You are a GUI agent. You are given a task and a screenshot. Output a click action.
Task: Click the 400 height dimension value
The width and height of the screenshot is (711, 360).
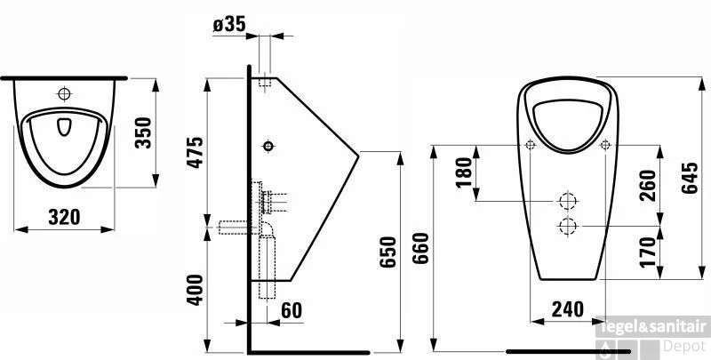click(197, 291)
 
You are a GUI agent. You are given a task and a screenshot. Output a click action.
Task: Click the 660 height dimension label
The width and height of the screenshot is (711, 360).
click(422, 252)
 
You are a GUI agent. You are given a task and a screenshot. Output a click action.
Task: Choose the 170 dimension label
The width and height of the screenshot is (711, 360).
click(647, 252)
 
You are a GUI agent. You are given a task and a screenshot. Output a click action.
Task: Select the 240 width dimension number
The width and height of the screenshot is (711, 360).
click(567, 309)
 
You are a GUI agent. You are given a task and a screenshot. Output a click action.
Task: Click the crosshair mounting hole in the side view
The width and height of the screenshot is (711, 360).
click(268, 146)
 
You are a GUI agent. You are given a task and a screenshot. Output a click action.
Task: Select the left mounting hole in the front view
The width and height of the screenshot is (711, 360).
click(531, 146)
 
